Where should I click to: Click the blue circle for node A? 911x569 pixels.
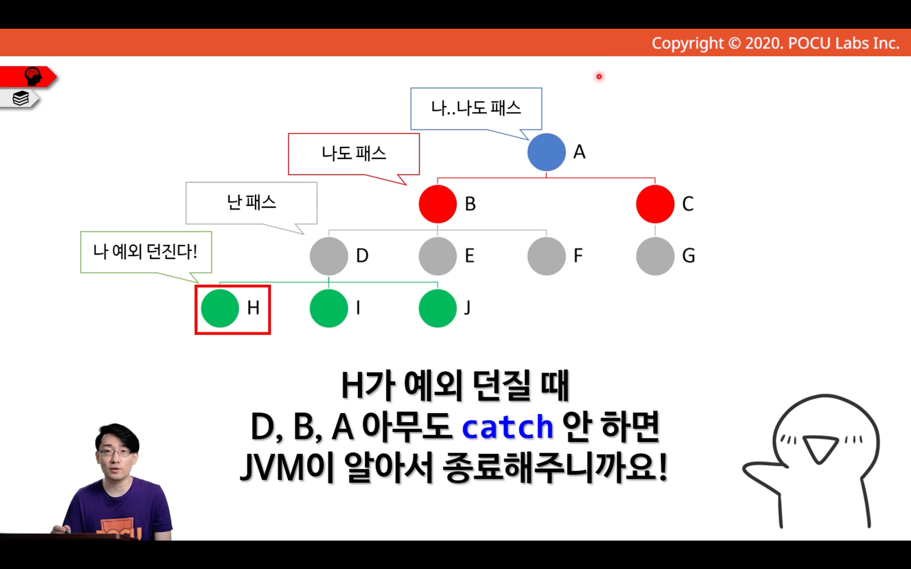pyautogui.click(x=546, y=152)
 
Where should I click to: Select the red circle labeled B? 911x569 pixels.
pyautogui.click(x=437, y=204)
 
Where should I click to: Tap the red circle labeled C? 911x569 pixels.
pyautogui.click(x=655, y=204)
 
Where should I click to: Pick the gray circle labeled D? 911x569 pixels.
pyautogui.click(x=328, y=256)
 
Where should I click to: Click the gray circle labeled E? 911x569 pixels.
pyautogui.click(x=437, y=256)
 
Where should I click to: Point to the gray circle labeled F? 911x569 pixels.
pyautogui.click(x=546, y=256)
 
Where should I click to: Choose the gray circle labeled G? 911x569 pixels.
pyautogui.click(x=655, y=256)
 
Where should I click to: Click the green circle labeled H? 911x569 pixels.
pyautogui.click(x=220, y=308)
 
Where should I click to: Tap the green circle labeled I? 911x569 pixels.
pyautogui.click(x=328, y=308)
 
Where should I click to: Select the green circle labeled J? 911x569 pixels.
pyautogui.click(x=437, y=308)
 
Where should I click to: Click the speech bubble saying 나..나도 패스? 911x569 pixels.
pyautogui.click(x=476, y=109)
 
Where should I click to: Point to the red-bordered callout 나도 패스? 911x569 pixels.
pyautogui.click(x=354, y=154)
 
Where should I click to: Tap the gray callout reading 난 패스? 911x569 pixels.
pyautogui.click(x=251, y=203)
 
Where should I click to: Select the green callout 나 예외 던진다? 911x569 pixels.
pyautogui.click(x=146, y=252)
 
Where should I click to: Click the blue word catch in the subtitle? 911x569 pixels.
pyautogui.click(x=507, y=427)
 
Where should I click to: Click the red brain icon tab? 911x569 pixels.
pyautogui.click(x=28, y=76)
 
